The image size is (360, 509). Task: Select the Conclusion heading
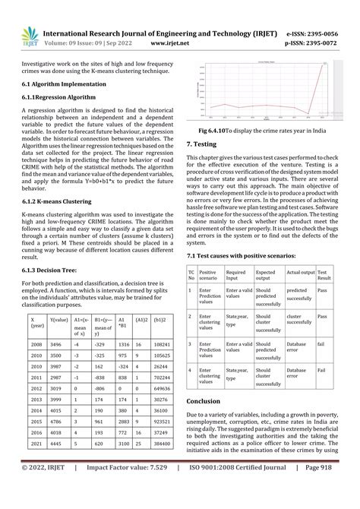pos(207,400)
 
